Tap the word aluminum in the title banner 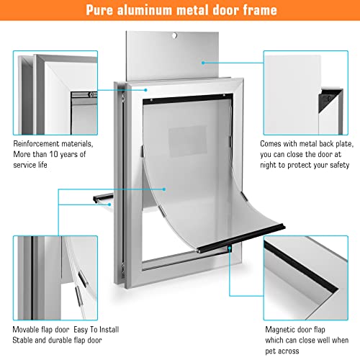click(x=152, y=11)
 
